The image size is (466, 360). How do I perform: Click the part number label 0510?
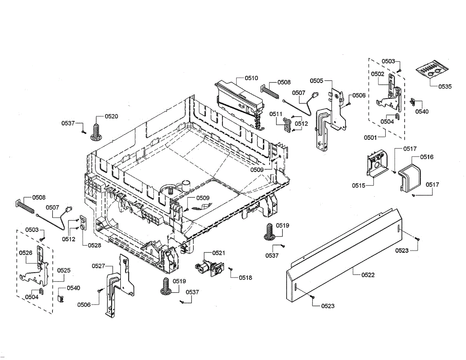coord(251,78)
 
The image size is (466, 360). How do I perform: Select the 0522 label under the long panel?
coord(368,275)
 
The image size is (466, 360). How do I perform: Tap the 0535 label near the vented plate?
coord(445,87)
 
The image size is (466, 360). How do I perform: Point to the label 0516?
coord(426,157)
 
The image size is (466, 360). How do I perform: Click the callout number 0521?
coord(218,253)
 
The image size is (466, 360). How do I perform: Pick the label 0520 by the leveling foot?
coord(111,116)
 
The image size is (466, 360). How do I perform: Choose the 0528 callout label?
coord(94,245)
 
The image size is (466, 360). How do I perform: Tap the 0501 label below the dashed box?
coord(371,137)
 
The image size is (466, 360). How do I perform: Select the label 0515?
coord(358,186)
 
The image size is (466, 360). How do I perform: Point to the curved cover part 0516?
coord(410,175)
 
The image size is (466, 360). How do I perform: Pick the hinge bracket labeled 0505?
coord(330,117)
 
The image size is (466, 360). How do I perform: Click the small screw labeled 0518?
coord(230,269)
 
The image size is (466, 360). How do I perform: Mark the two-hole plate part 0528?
coord(83,223)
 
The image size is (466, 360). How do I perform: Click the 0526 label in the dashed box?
coord(26,253)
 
